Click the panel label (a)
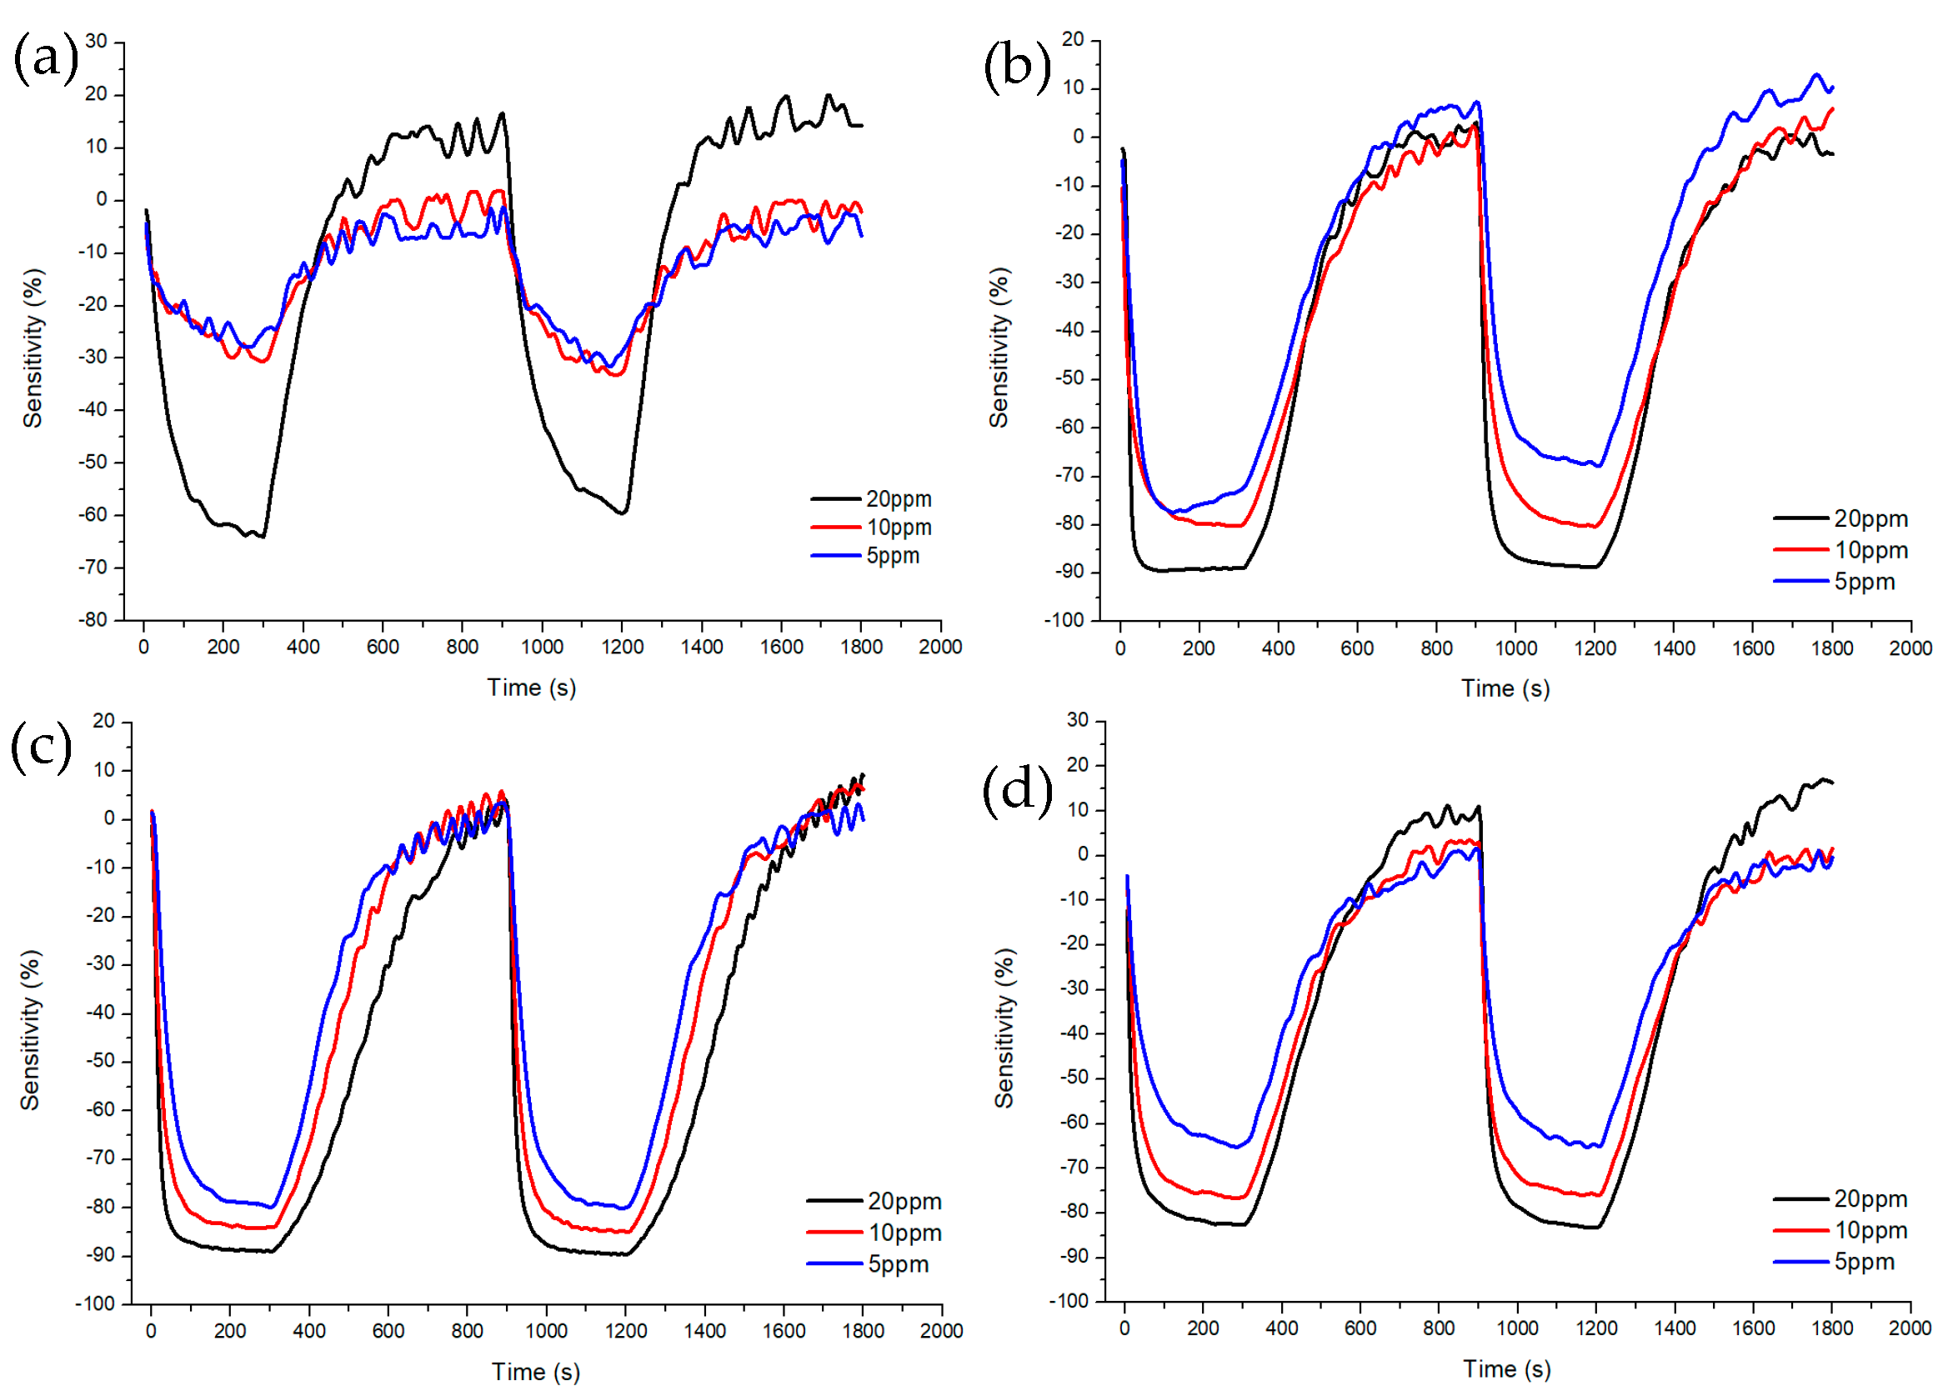pyautogui.click(x=44, y=58)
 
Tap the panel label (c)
pyautogui.click(x=40, y=746)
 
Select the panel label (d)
pyautogui.click(x=1016, y=788)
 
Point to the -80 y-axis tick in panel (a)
pyautogui.click(x=93, y=619)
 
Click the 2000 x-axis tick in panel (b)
pyautogui.click(x=1910, y=648)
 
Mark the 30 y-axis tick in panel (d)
pyautogui.click(x=1077, y=719)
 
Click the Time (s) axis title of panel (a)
pyautogui.click(x=531, y=687)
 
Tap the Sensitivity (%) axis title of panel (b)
pyautogui.click(x=998, y=347)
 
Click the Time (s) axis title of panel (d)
pyautogui.click(x=1505, y=1368)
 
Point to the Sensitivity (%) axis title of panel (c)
pyautogui.click(x=30, y=1029)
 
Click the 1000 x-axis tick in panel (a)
pyautogui.click(x=542, y=647)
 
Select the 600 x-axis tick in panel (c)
pyautogui.click(x=388, y=1330)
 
